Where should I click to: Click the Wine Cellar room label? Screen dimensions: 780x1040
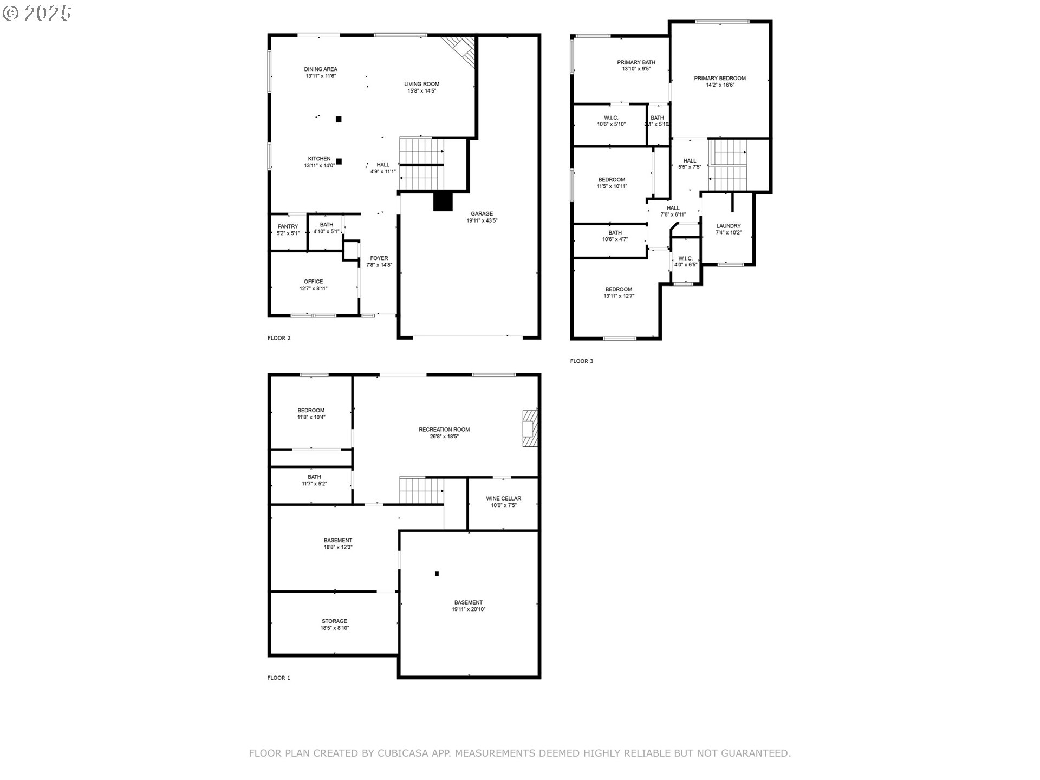pos(503,498)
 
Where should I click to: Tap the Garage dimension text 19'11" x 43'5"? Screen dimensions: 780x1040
pos(482,221)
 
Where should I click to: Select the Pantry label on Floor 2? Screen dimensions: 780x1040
pos(288,226)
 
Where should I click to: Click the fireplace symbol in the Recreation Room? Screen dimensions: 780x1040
pos(530,428)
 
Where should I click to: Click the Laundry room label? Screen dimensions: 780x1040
pos(728,226)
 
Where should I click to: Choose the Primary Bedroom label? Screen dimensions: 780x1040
pos(719,78)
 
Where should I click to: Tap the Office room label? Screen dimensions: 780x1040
pos(313,282)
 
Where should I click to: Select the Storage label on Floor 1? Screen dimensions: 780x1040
pos(334,621)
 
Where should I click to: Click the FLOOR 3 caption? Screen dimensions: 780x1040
pos(581,361)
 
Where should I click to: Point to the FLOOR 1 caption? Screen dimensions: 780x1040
pos(278,678)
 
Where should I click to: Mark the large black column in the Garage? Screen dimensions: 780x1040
pos(443,201)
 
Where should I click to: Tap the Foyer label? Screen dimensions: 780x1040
pos(379,258)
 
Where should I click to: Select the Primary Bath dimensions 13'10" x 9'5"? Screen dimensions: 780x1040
pos(636,69)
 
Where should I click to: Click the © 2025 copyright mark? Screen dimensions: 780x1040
pos(37,14)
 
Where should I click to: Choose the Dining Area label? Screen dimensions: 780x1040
pos(320,69)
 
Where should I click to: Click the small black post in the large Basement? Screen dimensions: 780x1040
pos(437,574)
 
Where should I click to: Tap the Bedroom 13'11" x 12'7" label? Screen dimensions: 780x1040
pos(619,289)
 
